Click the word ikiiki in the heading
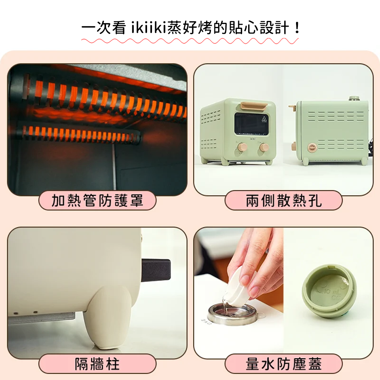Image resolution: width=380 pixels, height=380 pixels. (149, 28)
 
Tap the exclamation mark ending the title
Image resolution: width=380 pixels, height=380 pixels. (297, 28)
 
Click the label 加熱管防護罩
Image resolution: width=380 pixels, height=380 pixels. (97, 201)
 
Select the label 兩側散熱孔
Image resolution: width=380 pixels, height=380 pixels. (283, 201)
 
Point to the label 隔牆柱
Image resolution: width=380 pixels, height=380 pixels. (97, 364)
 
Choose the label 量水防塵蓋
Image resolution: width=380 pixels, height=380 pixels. (283, 364)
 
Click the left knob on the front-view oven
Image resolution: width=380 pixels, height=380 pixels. (242, 147)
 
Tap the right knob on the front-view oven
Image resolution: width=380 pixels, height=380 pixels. (264, 147)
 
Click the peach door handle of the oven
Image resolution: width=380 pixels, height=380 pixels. (254, 105)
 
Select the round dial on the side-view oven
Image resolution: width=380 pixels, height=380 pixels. (312, 147)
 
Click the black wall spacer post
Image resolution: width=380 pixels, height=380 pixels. (156, 270)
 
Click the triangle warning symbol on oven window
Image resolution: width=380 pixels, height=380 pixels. (264, 119)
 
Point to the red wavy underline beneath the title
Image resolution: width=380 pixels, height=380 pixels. (190, 41)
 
